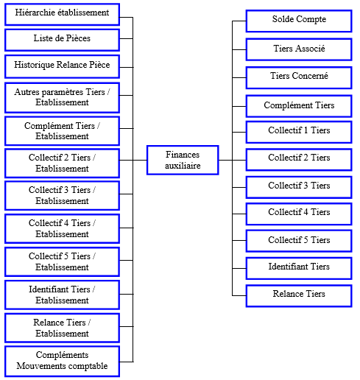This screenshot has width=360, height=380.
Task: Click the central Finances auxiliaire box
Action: click(x=183, y=160)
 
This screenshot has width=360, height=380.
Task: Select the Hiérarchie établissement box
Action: click(x=62, y=14)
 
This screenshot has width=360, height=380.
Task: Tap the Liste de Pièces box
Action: click(x=62, y=40)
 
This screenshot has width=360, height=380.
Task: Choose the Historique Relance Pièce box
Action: click(x=62, y=66)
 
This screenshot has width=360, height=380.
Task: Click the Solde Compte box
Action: click(x=299, y=21)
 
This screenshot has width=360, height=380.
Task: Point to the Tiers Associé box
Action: click(x=299, y=49)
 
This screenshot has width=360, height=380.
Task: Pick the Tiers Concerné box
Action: click(x=299, y=77)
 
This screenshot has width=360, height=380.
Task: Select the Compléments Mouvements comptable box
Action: click(x=62, y=361)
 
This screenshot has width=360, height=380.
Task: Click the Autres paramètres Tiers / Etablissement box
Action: click(x=62, y=98)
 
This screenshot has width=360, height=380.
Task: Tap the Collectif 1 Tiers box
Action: click(x=299, y=132)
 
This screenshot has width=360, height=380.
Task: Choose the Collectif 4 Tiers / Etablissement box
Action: click(x=62, y=228)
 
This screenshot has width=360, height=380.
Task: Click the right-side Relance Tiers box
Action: click(x=299, y=295)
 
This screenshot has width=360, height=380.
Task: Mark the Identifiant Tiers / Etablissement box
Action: click(x=62, y=295)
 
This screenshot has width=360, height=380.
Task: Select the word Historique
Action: click(x=34, y=65)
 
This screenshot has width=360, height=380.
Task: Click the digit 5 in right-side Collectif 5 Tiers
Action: click(x=306, y=239)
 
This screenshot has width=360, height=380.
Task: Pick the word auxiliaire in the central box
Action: click(x=183, y=166)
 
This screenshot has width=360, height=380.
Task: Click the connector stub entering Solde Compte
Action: click(x=239, y=21)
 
